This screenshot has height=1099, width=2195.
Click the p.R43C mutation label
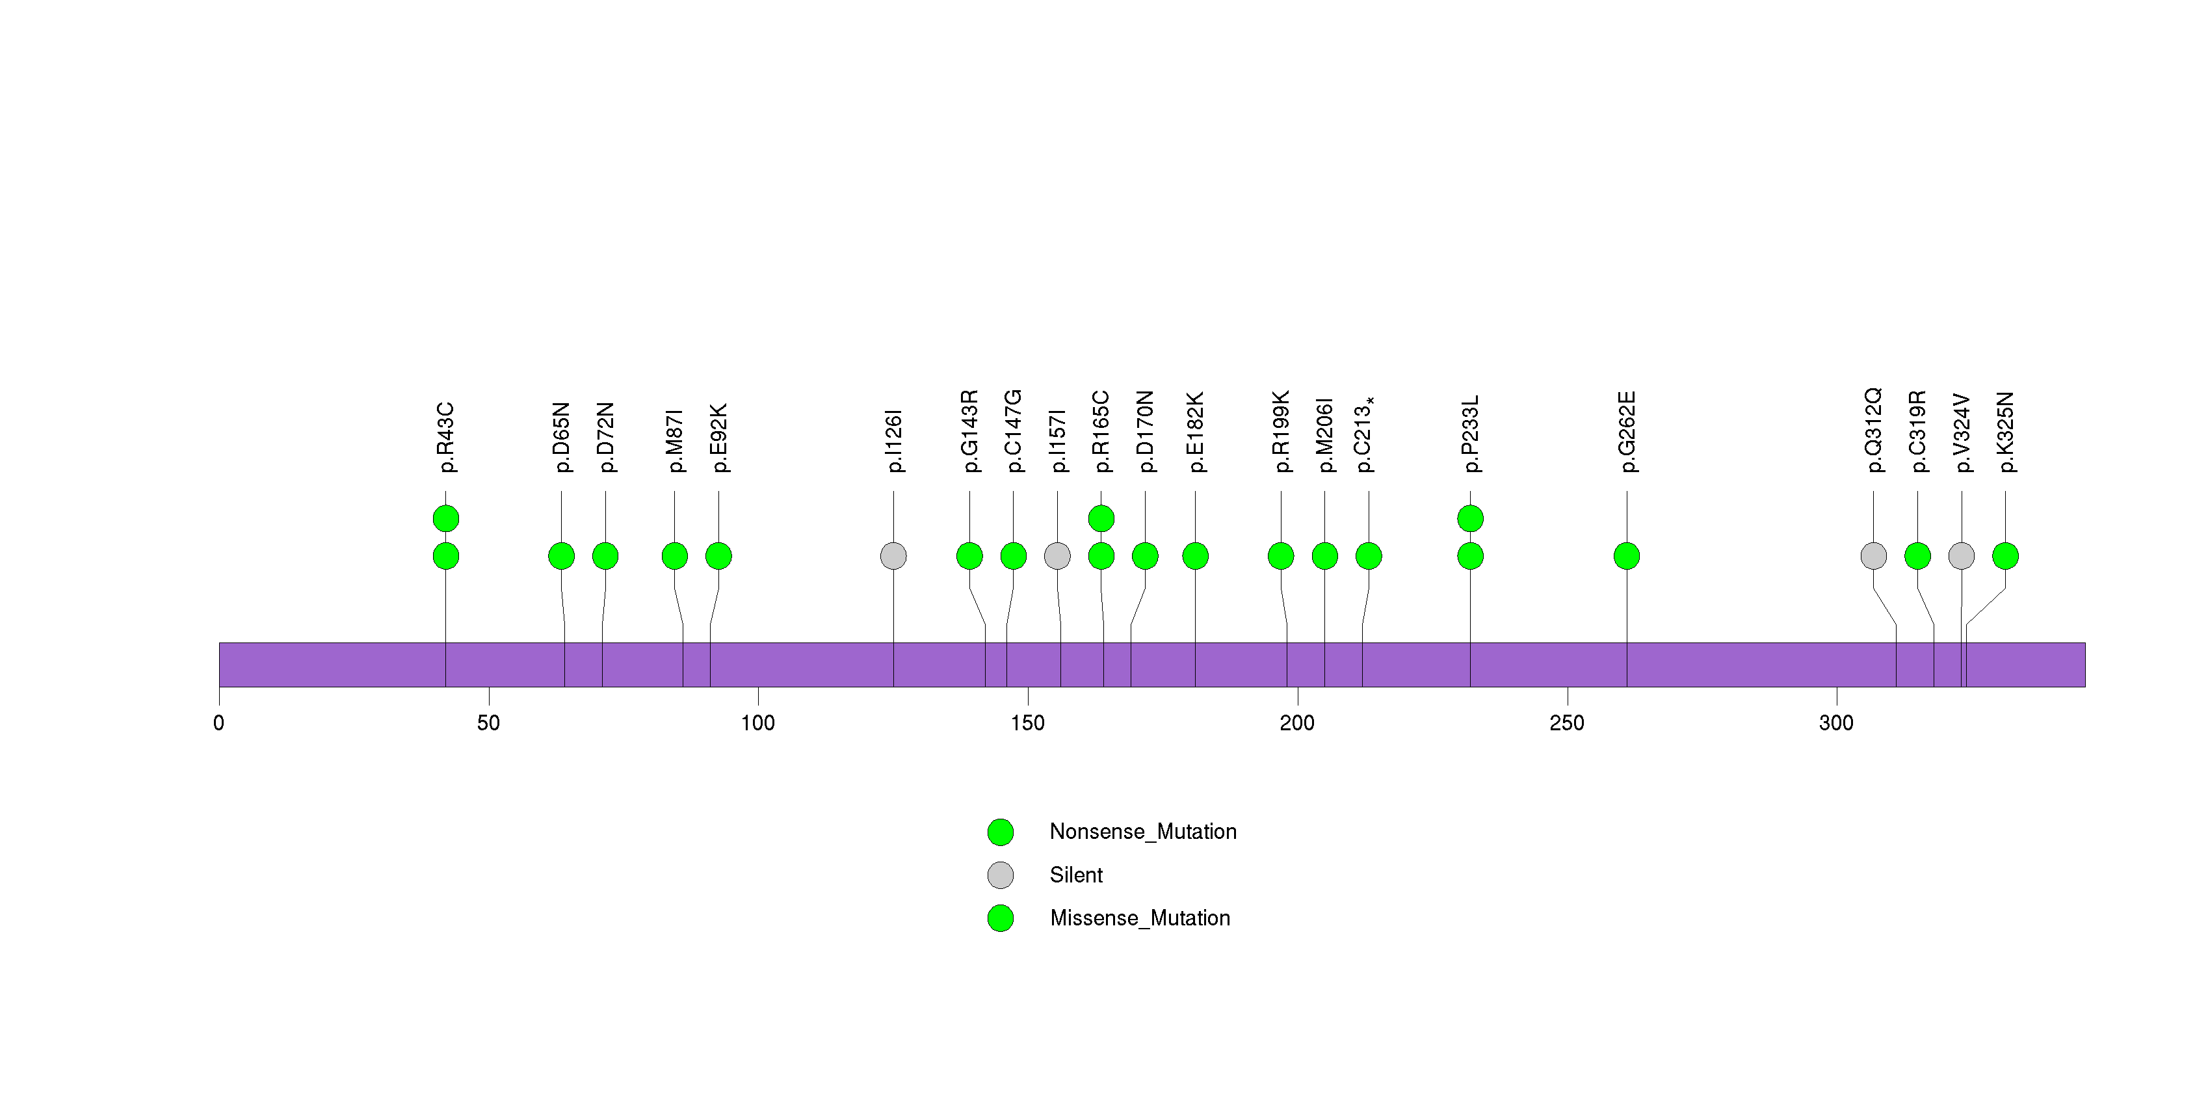tap(445, 438)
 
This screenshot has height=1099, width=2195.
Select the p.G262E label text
tap(1627, 432)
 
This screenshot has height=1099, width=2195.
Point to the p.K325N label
tap(2006, 432)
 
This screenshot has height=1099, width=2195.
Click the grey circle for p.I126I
tap(893, 556)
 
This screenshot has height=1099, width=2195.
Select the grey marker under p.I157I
tap(1057, 556)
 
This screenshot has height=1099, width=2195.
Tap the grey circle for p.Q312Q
tap(1873, 556)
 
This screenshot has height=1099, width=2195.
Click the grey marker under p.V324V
tap(1962, 556)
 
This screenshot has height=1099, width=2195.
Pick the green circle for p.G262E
tap(1627, 556)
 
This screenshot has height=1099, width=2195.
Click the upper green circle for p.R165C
tap(1101, 518)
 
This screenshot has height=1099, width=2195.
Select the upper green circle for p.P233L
tap(1470, 518)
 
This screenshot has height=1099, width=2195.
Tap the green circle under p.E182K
tap(1194, 556)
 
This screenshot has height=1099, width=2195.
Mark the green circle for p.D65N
tap(560, 556)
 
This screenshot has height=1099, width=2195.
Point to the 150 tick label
tap(1028, 723)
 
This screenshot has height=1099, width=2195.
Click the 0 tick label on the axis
tap(219, 723)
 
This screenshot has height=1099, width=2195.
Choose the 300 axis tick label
tap(1836, 723)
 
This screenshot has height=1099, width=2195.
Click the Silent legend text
tap(1076, 875)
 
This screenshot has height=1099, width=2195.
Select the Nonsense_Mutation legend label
tap(1142, 832)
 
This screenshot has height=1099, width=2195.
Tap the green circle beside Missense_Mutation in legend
tap(1001, 918)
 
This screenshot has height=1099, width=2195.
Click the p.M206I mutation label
tap(1325, 434)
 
